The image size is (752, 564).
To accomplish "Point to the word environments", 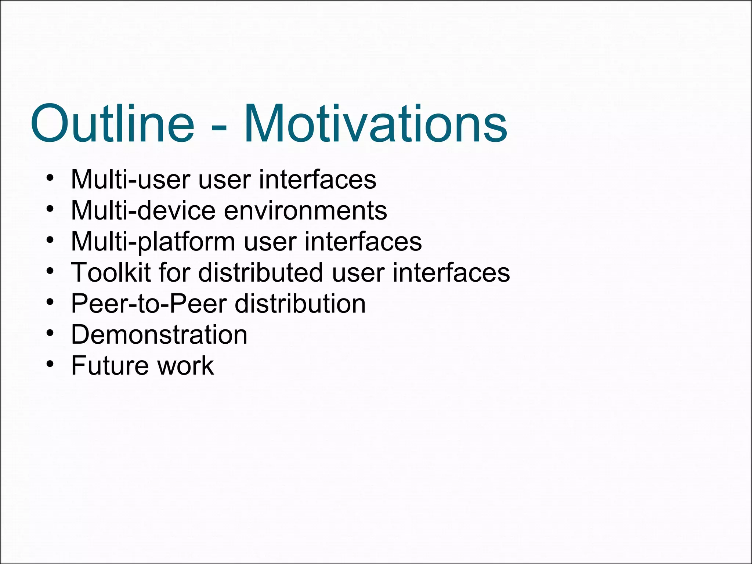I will [x=305, y=211].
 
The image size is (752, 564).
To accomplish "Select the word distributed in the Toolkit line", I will [x=261, y=272].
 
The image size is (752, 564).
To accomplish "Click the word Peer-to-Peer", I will [x=149, y=304].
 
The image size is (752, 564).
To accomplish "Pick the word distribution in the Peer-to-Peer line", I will [x=300, y=304].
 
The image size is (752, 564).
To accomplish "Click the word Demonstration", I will [x=159, y=335].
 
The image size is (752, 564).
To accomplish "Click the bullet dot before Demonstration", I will [x=50, y=334].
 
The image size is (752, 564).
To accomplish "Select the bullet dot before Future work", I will [x=50, y=365].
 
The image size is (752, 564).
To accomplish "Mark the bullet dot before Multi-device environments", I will [x=50, y=209].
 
